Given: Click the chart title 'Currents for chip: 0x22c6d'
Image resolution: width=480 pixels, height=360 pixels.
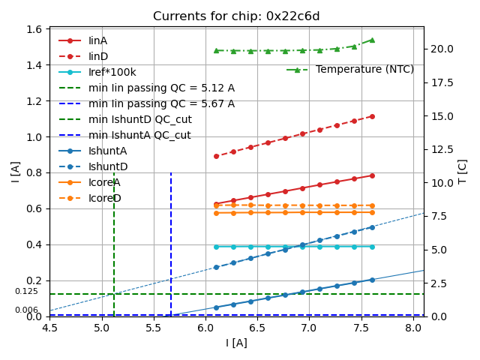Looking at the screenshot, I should [x=236, y=16].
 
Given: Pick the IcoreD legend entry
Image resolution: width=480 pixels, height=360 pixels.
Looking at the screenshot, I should [x=104, y=198].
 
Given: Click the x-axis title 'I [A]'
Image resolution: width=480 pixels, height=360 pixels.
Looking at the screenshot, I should [x=236, y=343].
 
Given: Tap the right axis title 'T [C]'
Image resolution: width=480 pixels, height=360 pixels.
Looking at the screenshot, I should [x=463, y=171].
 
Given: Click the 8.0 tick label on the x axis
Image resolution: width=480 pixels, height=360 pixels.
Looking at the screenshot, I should [x=413, y=328].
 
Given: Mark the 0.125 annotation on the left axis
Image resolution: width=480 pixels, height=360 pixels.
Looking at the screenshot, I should [x=26, y=292].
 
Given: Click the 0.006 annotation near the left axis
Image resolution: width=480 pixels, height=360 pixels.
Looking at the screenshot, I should [x=26, y=310].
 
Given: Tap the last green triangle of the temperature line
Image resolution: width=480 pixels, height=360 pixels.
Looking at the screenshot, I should [x=372, y=40].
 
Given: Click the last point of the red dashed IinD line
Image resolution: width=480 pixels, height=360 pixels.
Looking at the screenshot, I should [x=372, y=116].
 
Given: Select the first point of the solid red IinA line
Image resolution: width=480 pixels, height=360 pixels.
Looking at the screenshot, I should [x=216, y=204].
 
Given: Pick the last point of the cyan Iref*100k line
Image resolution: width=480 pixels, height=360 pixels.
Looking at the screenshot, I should [x=372, y=247].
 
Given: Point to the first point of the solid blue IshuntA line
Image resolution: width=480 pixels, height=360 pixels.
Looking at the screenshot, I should [x=216, y=307].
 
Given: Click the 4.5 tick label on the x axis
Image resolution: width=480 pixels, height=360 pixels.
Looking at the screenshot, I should [x=49, y=328].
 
